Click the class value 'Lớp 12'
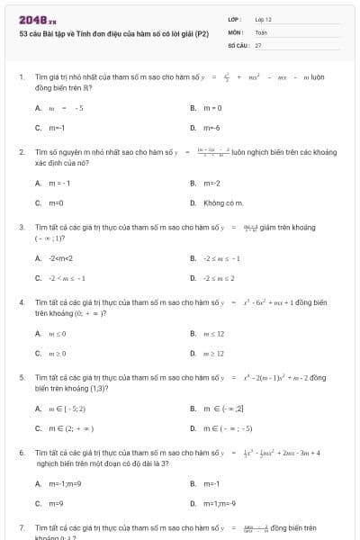[x=264, y=19]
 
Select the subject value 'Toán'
[x=261, y=31]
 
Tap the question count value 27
[x=258, y=44]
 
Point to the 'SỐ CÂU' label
[x=237, y=44]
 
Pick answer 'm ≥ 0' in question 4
[x=56, y=353]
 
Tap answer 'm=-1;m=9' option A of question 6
[x=65, y=483]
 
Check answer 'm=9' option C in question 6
[x=55, y=503]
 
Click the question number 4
[x=22, y=302]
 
